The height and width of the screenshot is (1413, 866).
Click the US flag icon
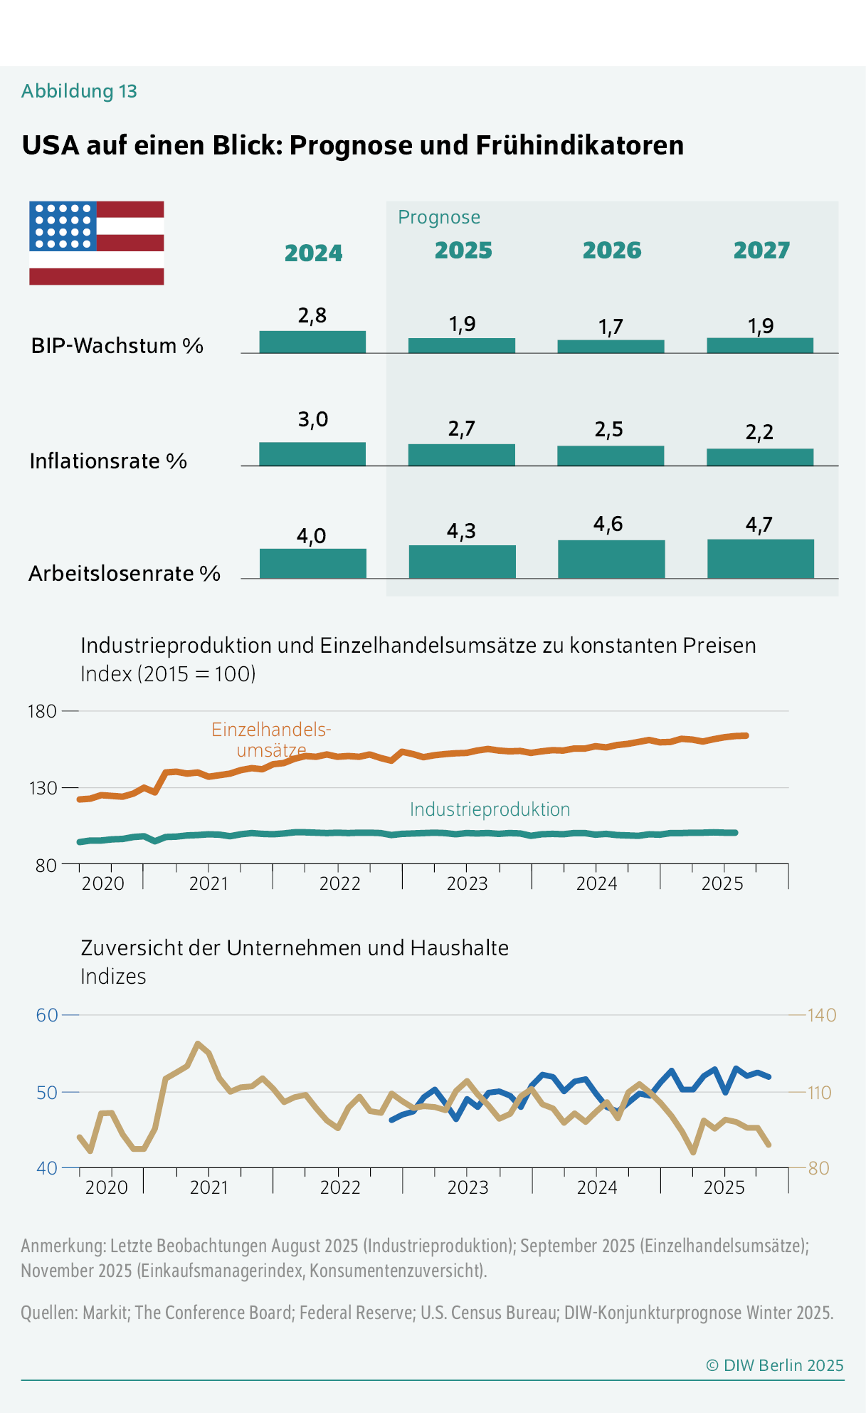(97, 243)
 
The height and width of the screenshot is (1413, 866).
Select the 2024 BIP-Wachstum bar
(312, 342)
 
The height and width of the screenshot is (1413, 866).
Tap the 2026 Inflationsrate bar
(611, 456)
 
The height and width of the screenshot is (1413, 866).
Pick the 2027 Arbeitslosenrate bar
(760, 559)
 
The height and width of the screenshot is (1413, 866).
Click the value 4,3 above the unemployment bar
(461, 531)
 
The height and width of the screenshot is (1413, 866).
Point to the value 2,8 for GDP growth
(312, 315)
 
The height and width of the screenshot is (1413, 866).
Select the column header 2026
(612, 251)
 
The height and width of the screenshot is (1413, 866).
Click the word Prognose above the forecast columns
(439, 217)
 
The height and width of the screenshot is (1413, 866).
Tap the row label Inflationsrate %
(108, 461)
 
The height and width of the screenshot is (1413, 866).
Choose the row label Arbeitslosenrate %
(125, 574)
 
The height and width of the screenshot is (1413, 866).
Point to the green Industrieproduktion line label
(490, 809)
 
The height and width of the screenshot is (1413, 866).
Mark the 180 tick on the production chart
(41, 711)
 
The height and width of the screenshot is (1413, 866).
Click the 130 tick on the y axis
(41, 788)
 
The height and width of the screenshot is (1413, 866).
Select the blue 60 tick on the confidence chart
(47, 1015)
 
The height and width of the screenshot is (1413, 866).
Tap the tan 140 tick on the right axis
(821, 1015)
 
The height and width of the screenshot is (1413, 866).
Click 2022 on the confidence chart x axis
(340, 1187)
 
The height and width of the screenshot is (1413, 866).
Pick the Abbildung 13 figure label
(79, 91)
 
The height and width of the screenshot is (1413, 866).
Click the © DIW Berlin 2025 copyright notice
(774, 1365)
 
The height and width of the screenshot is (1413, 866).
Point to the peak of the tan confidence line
(198, 1044)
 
